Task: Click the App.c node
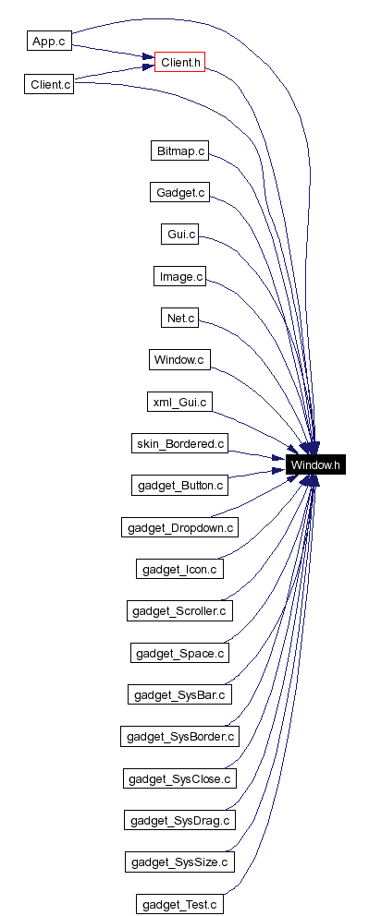[48, 42]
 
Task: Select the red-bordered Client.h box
[178, 63]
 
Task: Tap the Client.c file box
[48, 84]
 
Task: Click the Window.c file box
[178, 359]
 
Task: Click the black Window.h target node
[316, 465]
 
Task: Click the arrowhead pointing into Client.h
[148, 63]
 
